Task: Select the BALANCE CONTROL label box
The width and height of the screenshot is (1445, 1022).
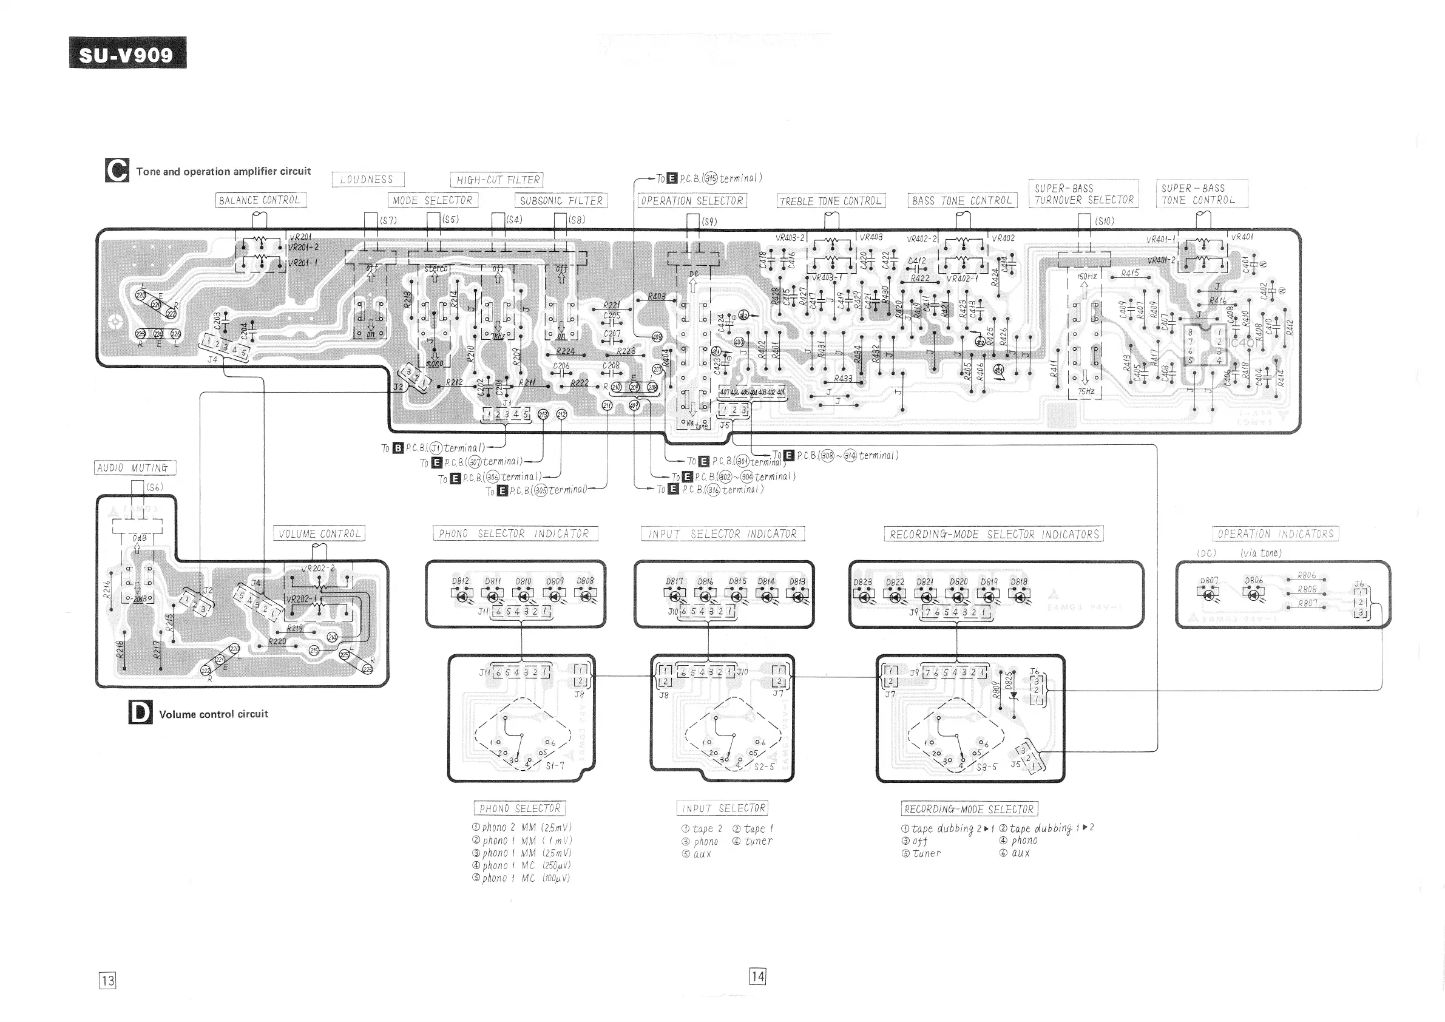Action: [x=260, y=200]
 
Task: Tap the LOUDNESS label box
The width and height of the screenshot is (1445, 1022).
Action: [x=368, y=180]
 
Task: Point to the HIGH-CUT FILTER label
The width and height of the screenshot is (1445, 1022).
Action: [x=497, y=180]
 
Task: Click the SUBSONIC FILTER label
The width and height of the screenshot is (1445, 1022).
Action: [x=561, y=201]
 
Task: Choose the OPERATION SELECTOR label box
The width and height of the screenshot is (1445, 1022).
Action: [x=692, y=201]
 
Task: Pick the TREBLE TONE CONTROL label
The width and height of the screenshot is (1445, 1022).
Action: [x=831, y=201]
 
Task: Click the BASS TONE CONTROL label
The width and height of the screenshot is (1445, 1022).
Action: [x=962, y=201]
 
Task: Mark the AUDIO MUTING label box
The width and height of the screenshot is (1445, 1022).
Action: [x=135, y=467]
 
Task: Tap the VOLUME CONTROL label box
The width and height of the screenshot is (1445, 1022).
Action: [x=320, y=533]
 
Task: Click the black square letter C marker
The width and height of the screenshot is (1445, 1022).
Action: [x=117, y=171]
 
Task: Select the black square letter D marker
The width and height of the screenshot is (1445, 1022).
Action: [x=140, y=713]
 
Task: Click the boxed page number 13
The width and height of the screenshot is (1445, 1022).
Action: [x=107, y=980]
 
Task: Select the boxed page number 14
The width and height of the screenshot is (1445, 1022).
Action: [x=757, y=976]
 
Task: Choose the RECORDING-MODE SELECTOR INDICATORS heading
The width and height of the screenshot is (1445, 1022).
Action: [x=993, y=534]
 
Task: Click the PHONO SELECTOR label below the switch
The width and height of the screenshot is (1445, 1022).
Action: [x=519, y=808]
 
